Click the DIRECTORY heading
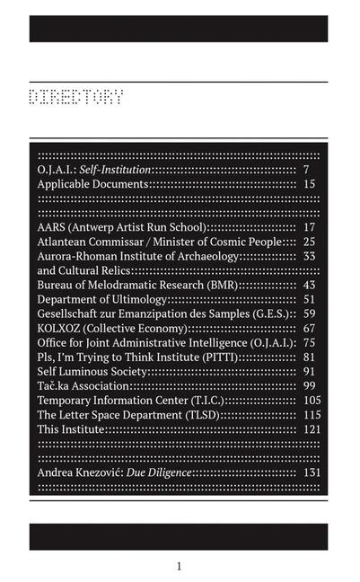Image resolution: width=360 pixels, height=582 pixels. tap(75, 97)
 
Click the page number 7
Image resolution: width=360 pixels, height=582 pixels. tap(306, 169)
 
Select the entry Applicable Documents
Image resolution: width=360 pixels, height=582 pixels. tap(92, 183)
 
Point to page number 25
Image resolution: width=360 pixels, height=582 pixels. tap(309, 242)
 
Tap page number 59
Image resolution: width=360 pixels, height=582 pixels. tap(309, 313)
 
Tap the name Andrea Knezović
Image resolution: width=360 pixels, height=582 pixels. tap(75, 472)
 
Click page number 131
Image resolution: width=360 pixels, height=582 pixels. tap(312, 472)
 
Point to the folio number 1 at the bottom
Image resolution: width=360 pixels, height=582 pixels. tap(179, 566)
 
